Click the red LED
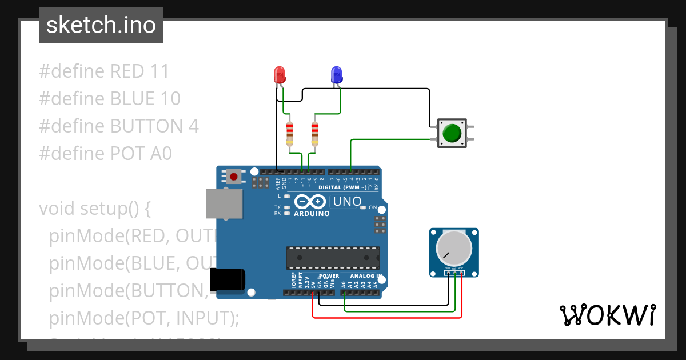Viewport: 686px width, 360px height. click(280, 74)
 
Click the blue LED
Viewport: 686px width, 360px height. click(336, 74)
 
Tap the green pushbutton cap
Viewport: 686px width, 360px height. click(452, 133)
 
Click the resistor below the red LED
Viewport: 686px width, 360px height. click(290, 134)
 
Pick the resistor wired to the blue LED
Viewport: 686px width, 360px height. click(314, 134)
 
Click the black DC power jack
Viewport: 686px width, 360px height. click(227, 279)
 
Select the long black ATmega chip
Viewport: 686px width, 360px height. click(333, 258)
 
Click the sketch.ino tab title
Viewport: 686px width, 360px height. click(101, 25)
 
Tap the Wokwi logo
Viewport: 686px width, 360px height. click(607, 315)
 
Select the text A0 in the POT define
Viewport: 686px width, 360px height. click(160, 153)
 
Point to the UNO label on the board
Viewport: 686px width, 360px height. click(346, 201)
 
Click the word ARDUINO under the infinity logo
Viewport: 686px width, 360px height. click(312, 214)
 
